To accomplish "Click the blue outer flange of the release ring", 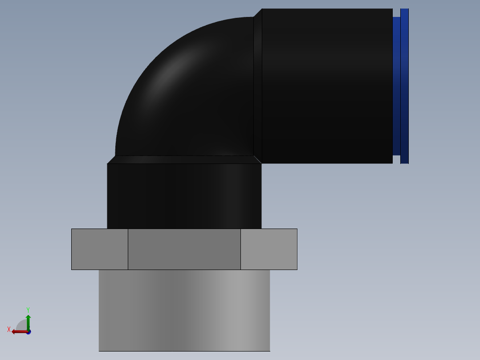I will [404, 86].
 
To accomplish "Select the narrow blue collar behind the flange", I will [396, 86].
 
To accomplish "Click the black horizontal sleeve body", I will [327, 86].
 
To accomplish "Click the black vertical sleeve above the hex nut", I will [184, 196].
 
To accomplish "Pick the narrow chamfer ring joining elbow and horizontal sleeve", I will [258, 86].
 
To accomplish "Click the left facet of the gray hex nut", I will [100, 249].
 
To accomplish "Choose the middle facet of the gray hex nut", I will [184, 249].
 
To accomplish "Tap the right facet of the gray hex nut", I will [269, 249].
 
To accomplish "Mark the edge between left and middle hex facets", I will [128, 249].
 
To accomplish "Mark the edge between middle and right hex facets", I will [240, 249].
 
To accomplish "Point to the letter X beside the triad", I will [9, 329].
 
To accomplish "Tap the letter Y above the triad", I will [28, 309].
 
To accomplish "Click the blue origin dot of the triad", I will [28, 332].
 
